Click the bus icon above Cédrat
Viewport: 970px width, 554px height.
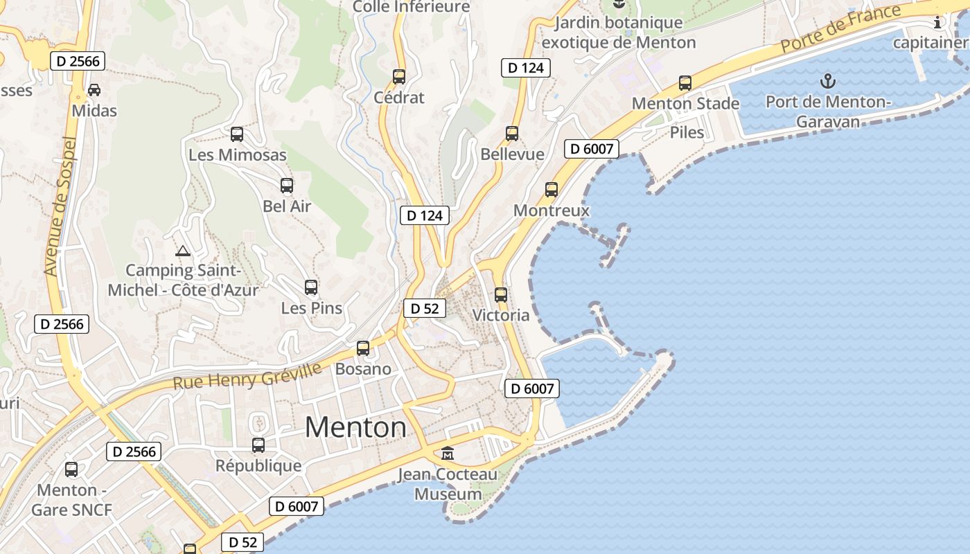coord(398,76)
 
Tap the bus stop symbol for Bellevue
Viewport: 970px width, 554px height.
coord(512,133)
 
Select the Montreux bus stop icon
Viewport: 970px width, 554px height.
coord(552,189)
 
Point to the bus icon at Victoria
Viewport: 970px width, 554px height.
coord(501,294)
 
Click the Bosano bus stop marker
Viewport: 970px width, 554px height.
coord(363,348)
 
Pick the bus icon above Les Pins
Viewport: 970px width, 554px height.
coord(311,287)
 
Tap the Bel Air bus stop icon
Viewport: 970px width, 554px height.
coord(287,185)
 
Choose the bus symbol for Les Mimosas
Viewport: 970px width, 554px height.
coord(237,134)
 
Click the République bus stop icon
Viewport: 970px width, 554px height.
coord(258,445)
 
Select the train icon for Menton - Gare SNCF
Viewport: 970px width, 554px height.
coord(71,470)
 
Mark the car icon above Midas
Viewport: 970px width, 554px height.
coord(94,90)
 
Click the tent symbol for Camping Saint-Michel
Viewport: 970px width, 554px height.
coord(183,251)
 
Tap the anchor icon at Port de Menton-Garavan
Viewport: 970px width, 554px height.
coord(828,81)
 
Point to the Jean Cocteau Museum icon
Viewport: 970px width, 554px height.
coord(448,454)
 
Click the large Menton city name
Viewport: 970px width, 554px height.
coord(355,427)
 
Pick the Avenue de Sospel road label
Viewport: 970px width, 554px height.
coord(60,206)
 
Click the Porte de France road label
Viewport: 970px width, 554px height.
coord(840,28)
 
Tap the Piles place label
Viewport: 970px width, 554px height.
coord(687,132)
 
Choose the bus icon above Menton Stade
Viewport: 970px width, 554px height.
coord(685,83)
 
